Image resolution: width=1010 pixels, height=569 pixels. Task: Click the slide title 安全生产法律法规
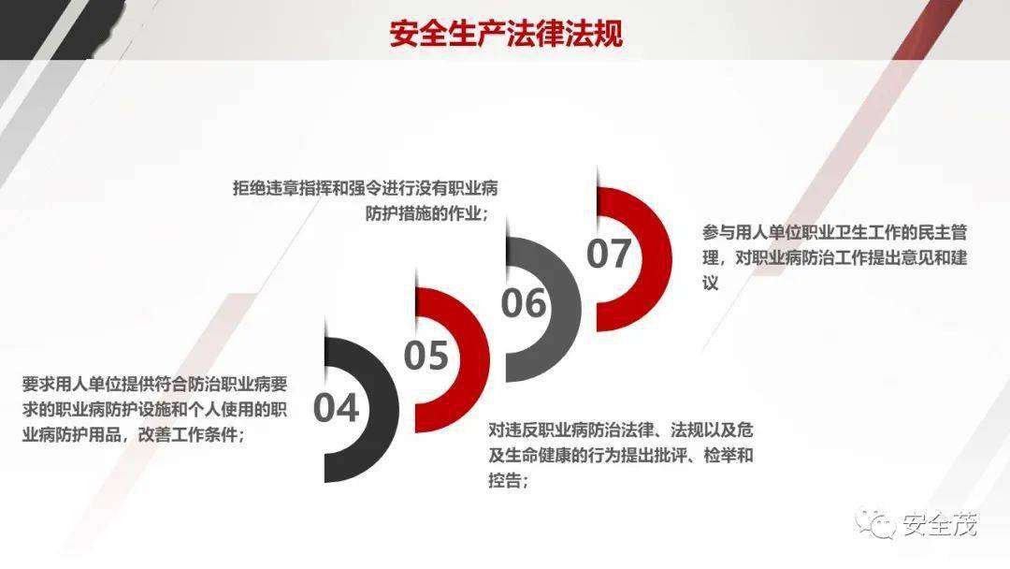coord(506,34)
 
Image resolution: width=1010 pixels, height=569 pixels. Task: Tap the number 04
coord(337,409)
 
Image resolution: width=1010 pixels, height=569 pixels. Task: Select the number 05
coord(426,356)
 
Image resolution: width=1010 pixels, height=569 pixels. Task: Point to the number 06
coord(524,303)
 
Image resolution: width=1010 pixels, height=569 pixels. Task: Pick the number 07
coord(609,254)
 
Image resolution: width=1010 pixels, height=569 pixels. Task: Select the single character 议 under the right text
coord(711,283)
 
